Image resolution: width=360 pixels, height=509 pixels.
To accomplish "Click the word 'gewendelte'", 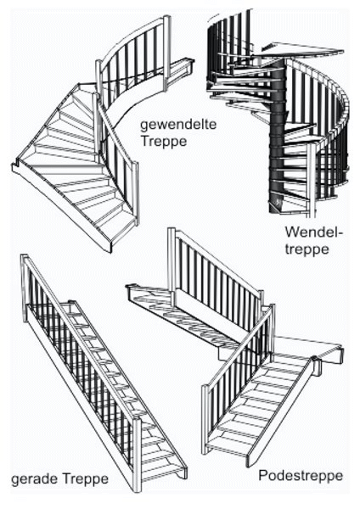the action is pyautogui.click(x=178, y=126).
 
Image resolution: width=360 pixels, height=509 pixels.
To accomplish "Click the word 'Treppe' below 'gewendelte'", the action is pyautogui.click(x=164, y=141).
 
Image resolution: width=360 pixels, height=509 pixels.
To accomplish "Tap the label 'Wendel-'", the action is pyautogui.click(x=314, y=232).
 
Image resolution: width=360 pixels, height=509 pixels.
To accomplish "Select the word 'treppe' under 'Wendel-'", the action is pyautogui.click(x=307, y=249).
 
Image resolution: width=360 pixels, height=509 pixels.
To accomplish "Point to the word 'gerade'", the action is pyautogui.click(x=35, y=479).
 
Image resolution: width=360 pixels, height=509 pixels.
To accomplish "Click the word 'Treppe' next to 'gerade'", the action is pyautogui.click(x=85, y=478).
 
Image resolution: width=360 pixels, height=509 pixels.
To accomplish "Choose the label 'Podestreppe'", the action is pyautogui.click(x=301, y=476).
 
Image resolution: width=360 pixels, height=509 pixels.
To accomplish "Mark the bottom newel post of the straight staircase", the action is pyautogui.click(x=138, y=455).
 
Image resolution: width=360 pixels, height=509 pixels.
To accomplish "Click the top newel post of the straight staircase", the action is pyautogui.click(x=25, y=288).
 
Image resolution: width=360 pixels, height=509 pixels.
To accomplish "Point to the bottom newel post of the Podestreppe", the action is pyautogui.click(x=205, y=419).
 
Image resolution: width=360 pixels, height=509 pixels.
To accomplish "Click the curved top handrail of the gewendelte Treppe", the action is pyautogui.click(x=133, y=36).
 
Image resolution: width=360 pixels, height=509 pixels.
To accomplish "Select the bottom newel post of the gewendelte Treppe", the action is pyautogui.click(x=136, y=193).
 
